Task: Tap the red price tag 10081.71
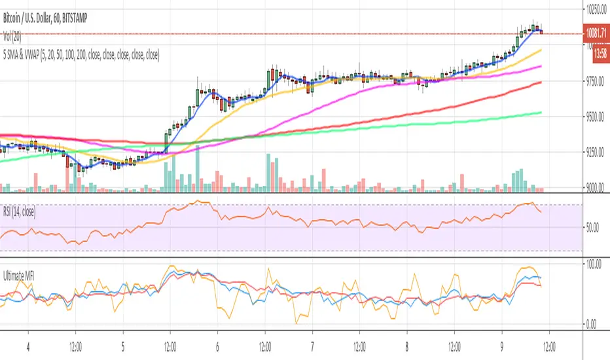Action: pyautogui.click(x=594, y=33)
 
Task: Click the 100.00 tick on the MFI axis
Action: pyautogui.click(x=594, y=263)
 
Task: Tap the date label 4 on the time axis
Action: pyautogui.click(x=27, y=344)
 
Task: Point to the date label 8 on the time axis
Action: pyautogui.click(x=406, y=344)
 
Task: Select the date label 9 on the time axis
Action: pyautogui.click(x=501, y=344)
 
